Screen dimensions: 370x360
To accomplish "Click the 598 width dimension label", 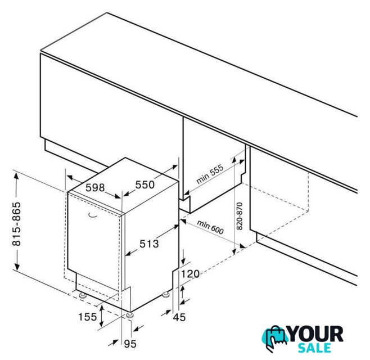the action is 95,188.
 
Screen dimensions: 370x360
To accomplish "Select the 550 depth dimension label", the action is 145,184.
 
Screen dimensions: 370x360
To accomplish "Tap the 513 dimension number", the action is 149,244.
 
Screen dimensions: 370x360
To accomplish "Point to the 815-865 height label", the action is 16,224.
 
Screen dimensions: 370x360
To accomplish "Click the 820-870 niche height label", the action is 240,216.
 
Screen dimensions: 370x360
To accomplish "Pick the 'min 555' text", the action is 210,174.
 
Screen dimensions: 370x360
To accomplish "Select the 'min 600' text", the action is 210,227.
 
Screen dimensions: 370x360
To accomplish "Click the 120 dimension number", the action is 190,274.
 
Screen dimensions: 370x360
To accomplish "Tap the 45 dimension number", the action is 179,317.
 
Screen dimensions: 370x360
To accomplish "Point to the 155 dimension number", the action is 88,317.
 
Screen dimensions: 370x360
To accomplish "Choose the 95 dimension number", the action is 130,344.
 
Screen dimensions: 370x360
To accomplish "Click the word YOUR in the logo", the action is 315,334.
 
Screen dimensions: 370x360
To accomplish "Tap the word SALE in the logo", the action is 314,348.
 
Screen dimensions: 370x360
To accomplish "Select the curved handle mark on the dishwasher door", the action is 93,215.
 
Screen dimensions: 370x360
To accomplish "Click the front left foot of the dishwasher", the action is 83,295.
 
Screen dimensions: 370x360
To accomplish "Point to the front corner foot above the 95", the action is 130,316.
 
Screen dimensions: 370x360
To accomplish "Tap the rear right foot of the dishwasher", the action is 166,294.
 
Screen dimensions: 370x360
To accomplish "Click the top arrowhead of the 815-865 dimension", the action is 16,177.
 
